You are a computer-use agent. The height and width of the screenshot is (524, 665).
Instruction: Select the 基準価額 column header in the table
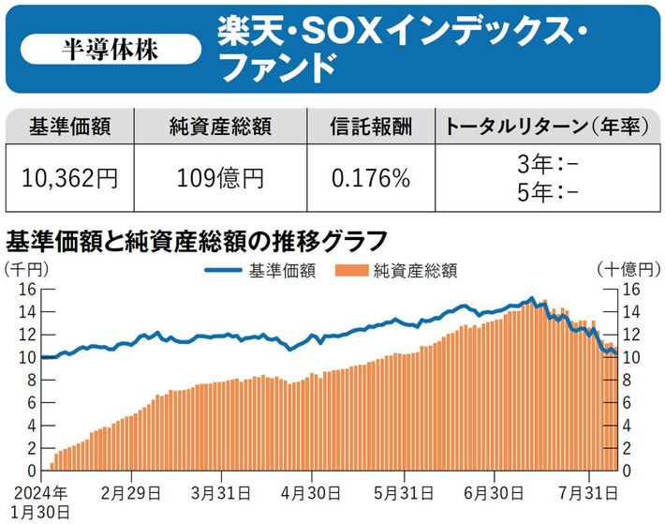click(x=70, y=127)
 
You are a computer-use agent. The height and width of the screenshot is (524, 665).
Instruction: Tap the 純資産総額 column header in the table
click(x=219, y=127)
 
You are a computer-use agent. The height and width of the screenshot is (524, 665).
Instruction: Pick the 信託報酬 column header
click(x=371, y=127)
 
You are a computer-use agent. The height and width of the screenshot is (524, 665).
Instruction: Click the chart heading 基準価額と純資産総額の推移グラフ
click(x=197, y=241)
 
